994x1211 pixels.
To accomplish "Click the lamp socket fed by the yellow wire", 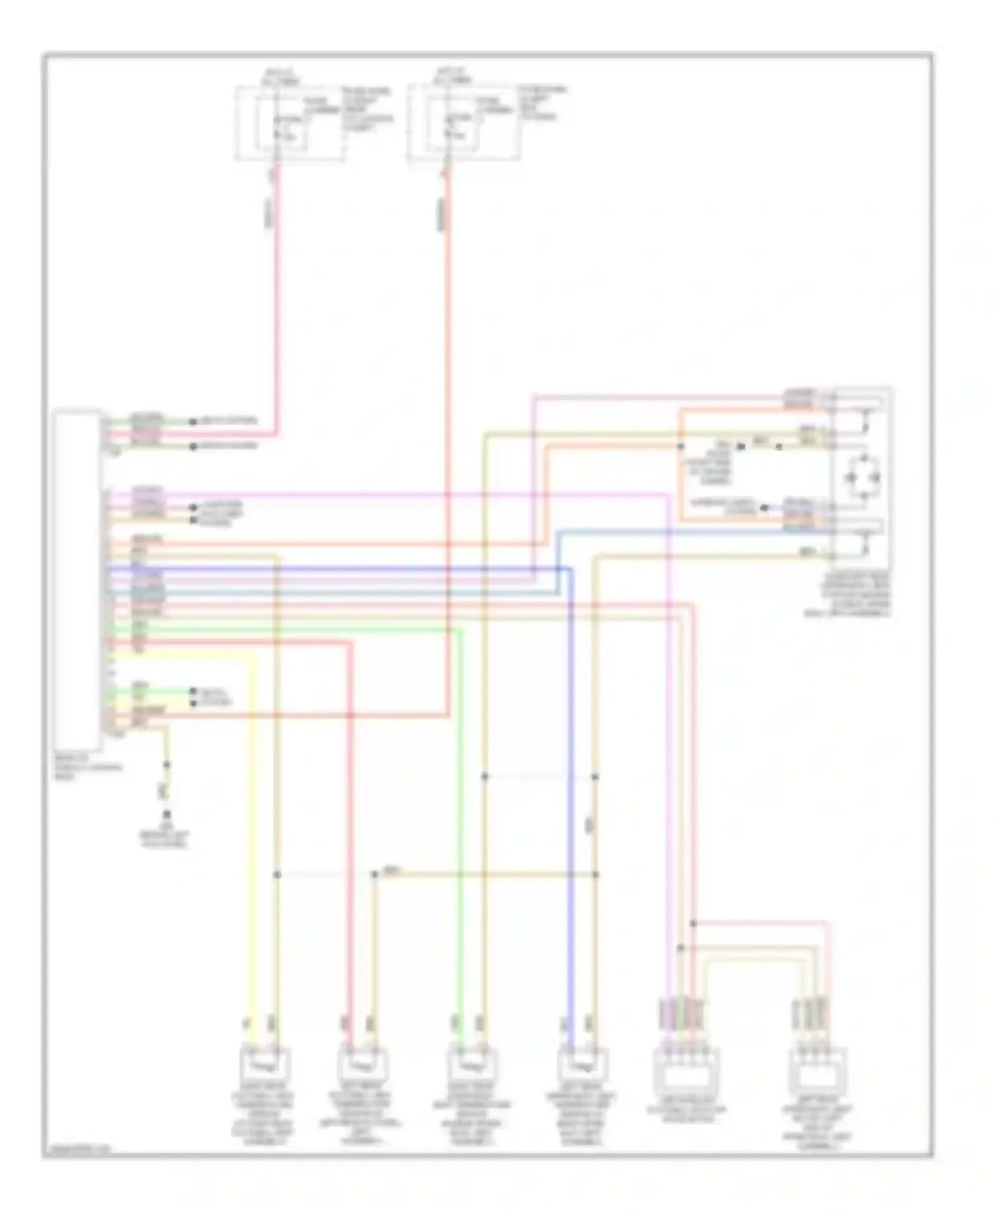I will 264,1065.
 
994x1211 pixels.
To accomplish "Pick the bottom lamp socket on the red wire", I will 362,1065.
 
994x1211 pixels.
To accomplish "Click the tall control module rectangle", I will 78,580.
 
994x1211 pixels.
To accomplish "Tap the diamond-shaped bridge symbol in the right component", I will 861,477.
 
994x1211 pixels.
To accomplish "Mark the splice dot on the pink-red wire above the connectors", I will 692,923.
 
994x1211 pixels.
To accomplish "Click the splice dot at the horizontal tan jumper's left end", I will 374,875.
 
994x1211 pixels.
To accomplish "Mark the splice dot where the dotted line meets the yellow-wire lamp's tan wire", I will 277,875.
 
